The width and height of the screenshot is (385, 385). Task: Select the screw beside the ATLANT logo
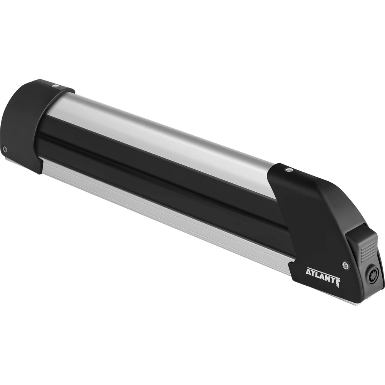[345, 264]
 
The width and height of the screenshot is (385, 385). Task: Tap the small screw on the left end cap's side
[5, 149]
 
